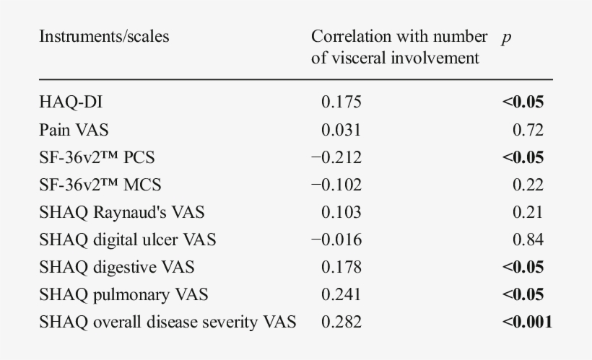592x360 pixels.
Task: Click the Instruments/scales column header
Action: point(104,37)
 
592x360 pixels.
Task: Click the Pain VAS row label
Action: point(74,130)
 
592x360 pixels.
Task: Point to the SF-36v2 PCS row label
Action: point(97,157)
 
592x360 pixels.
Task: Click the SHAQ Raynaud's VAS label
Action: point(121,212)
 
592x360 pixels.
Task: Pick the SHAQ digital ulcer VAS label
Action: point(128,240)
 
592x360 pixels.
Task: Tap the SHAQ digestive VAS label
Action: point(116,267)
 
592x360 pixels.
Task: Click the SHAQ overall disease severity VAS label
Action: point(167,322)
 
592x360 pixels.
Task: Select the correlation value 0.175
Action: point(341,102)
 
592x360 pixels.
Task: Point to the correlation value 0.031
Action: point(341,130)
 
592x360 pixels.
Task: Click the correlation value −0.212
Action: point(336,157)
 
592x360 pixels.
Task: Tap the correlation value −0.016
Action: point(336,240)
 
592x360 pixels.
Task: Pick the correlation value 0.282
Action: point(341,322)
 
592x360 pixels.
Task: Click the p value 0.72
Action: point(529,130)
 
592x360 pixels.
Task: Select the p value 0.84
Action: point(529,240)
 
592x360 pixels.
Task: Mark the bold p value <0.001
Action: point(527,322)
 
